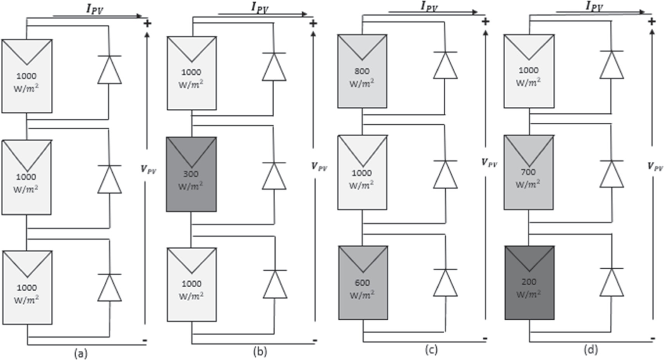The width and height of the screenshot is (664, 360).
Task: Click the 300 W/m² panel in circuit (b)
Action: tap(191, 174)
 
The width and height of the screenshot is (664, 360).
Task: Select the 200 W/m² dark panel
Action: tap(529, 283)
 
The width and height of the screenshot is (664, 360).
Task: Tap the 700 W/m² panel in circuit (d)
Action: tap(528, 173)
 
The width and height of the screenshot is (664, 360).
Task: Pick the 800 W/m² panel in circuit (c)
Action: tap(362, 71)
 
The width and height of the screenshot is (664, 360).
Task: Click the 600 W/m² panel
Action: tap(363, 283)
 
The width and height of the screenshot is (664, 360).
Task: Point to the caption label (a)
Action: tap(81, 353)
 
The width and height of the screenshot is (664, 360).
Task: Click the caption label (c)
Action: tap(431, 350)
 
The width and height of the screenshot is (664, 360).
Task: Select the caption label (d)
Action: tap(591, 350)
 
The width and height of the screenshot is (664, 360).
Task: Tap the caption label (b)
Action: tap(260, 351)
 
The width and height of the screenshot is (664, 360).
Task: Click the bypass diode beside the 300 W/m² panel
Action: tap(274, 176)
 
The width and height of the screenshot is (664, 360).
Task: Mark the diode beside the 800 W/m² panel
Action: tap(445, 65)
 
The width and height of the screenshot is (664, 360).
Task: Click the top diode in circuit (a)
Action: tap(109, 70)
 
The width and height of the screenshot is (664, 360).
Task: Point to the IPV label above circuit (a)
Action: tap(95, 9)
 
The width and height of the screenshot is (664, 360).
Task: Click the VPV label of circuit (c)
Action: tap(489, 163)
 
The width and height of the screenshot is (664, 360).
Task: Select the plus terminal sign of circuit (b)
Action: tap(313, 24)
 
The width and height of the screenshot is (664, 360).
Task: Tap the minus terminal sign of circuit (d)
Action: tap(652, 339)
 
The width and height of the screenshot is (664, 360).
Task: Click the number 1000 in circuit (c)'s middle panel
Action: tap(361, 173)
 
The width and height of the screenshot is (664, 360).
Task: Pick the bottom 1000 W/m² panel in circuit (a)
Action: tap(27, 288)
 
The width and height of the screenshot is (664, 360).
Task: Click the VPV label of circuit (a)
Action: tap(148, 169)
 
